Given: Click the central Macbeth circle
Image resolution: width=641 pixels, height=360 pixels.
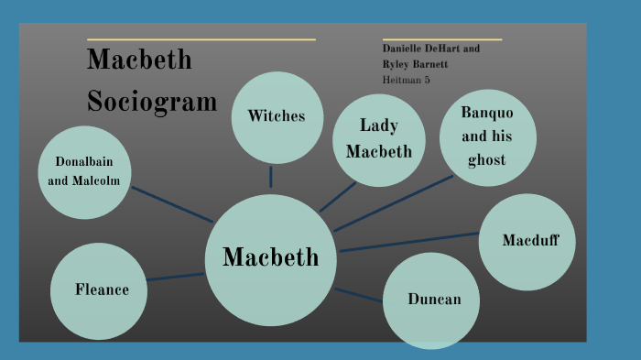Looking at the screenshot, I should pyautogui.click(x=270, y=259).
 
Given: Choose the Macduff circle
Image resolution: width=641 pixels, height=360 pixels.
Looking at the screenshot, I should pyautogui.click(x=527, y=242).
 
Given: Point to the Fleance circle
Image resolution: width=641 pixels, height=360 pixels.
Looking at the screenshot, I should pyautogui.click(x=99, y=290).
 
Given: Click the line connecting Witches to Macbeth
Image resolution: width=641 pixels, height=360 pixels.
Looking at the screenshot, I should pyautogui.click(x=271, y=177).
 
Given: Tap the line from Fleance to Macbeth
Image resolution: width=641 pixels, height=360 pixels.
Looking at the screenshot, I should pyautogui.click(x=175, y=277).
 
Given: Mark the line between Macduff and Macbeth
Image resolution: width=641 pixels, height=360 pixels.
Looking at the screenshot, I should pyautogui.click(x=408, y=242).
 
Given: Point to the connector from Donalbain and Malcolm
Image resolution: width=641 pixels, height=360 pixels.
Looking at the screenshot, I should pyautogui.click(x=172, y=204).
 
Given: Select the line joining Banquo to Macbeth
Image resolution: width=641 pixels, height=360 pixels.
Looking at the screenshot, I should pyautogui.click(x=394, y=202).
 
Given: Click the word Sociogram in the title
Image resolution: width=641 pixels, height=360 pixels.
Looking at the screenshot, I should pyautogui.click(x=152, y=100).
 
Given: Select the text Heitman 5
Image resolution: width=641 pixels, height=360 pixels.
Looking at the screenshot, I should pyautogui.click(x=406, y=81).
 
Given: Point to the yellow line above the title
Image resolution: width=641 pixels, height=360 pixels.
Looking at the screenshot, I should pyautogui.click(x=201, y=39).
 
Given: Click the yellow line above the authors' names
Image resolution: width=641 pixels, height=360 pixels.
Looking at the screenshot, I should pyautogui.click(x=441, y=39).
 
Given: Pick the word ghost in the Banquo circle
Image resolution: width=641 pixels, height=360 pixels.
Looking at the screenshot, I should pyautogui.click(x=486, y=160).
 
